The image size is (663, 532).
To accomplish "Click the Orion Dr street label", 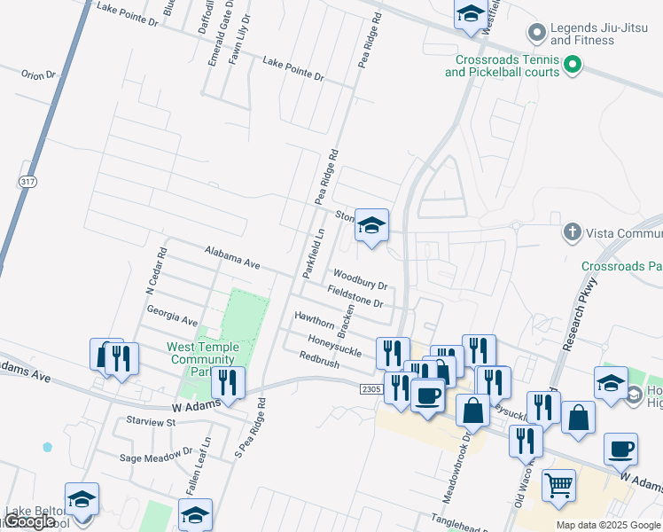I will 38,75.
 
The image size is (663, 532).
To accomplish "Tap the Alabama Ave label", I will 231,258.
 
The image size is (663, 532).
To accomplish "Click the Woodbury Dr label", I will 360,280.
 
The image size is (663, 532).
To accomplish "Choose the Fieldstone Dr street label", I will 355,296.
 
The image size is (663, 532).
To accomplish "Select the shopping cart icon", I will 558,484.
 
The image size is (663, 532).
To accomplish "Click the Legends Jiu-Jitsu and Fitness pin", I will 535,34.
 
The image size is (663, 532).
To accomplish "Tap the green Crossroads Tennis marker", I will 573,65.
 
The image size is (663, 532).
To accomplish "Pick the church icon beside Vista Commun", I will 573,233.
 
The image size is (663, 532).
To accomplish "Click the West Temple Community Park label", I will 203,359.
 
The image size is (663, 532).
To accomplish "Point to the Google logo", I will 30,521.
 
